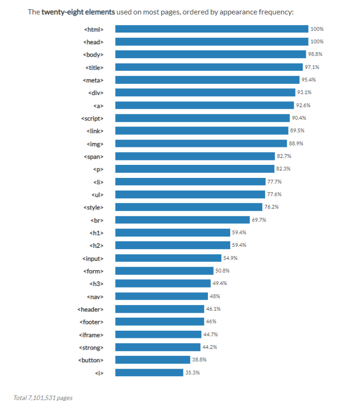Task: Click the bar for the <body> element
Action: (x=210, y=54)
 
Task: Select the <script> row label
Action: (x=92, y=118)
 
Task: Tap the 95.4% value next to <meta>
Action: (x=308, y=80)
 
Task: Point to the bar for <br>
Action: (x=182, y=220)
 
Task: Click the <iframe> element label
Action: (x=91, y=335)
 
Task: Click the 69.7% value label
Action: (x=259, y=220)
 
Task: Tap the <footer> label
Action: (x=91, y=321)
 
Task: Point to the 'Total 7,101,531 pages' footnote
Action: (x=43, y=398)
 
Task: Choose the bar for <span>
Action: (x=195, y=156)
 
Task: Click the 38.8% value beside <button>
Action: (x=199, y=360)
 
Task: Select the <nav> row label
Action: (x=95, y=296)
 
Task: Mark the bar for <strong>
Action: (x=157, y=347)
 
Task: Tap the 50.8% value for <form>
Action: (x=222, y=271)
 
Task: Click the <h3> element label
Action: (x=96, y=284)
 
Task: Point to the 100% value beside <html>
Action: (x=317, y=29)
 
